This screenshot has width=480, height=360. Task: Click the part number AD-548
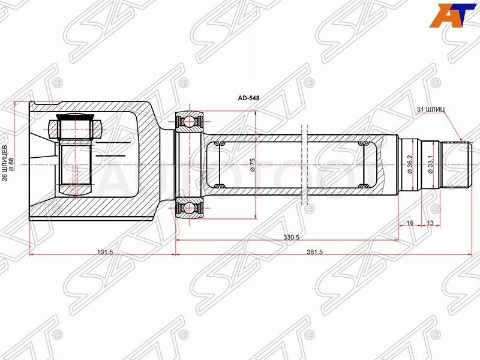[248, 98]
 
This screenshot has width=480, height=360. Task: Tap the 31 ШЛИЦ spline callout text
[430, 109]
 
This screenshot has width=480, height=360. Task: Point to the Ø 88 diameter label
[11, 164]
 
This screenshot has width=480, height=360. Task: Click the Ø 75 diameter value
[253, 164]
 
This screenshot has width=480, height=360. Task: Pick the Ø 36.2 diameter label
[410, 164]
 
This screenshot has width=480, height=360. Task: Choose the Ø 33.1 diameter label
[430, 164]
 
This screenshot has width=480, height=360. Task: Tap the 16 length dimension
[410, 223]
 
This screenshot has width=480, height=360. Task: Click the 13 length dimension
[430, 223]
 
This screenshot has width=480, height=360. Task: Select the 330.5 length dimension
[291, 237]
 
